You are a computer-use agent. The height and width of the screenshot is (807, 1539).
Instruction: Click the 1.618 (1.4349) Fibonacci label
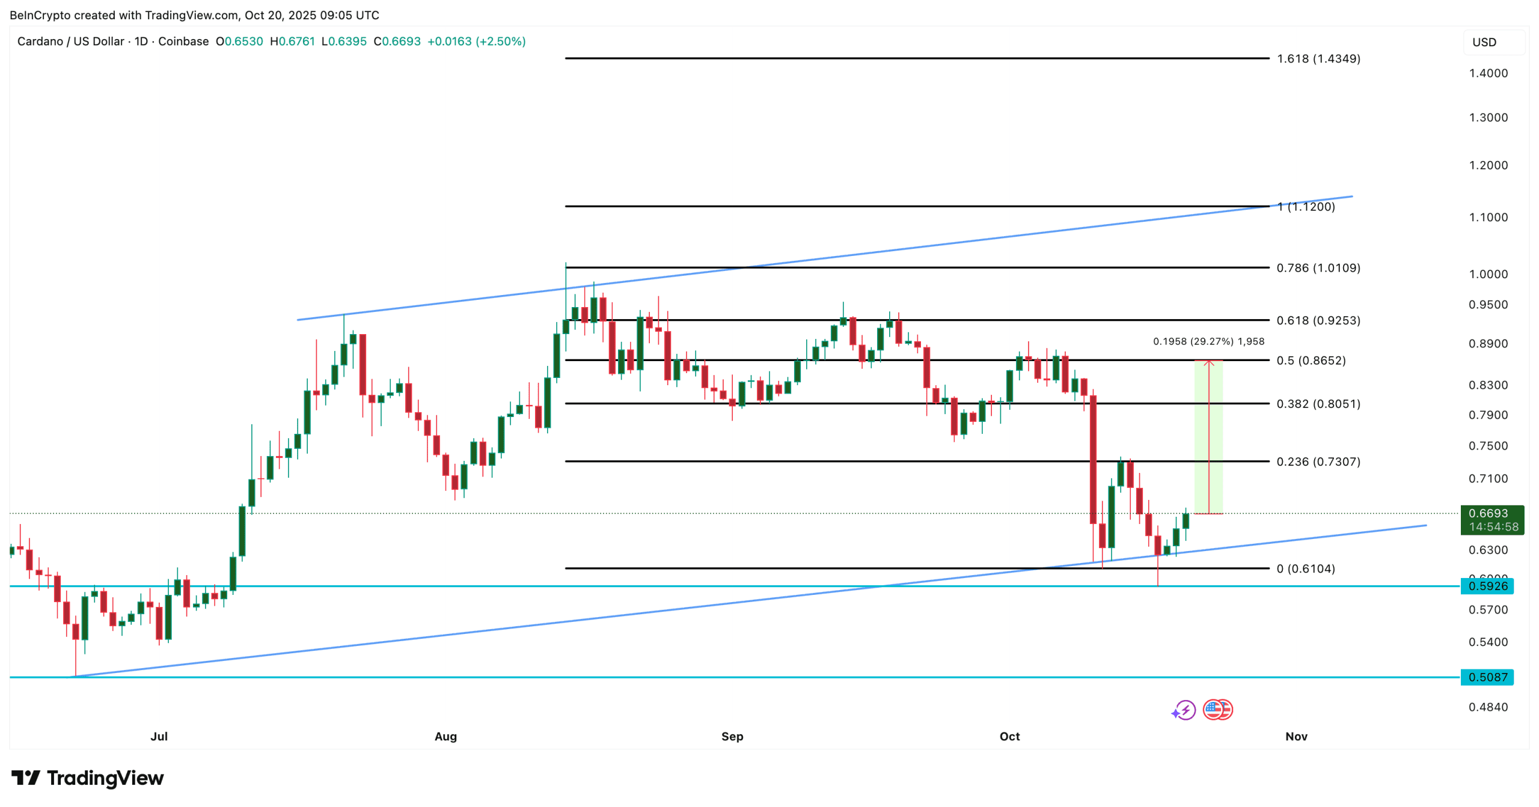[1318, 59]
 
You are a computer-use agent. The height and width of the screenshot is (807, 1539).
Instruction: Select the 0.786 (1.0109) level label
[1318, 268]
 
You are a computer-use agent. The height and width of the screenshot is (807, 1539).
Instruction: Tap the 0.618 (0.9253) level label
[1318, 320]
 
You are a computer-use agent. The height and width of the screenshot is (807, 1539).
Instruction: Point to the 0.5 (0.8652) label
[1311, 361]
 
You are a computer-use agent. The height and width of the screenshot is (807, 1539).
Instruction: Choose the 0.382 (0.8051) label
[1318, 404]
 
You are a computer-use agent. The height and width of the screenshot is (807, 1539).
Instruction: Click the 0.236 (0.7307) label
[1318, 461]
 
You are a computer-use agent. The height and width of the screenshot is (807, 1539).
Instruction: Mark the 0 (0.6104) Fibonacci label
[1305, 568]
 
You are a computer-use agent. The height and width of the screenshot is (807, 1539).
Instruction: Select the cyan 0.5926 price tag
[1487, 586]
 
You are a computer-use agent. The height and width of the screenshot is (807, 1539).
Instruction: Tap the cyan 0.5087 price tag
[1487, 677]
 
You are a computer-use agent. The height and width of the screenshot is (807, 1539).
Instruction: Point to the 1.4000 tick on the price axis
[1488, 73]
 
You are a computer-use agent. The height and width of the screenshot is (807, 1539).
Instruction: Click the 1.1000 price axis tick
[1488, 218]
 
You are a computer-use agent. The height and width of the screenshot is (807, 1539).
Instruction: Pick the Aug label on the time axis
[445, 736]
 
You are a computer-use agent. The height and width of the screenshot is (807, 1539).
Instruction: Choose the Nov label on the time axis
[1296, 736]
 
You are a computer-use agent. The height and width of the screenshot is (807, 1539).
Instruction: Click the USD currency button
[1484, 42]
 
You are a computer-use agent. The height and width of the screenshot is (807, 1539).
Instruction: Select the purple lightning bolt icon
[1184, 710]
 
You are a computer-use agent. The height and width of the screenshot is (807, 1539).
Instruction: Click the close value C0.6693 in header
[397, 41]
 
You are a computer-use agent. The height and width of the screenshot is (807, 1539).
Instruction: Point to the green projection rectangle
[1208, 437]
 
